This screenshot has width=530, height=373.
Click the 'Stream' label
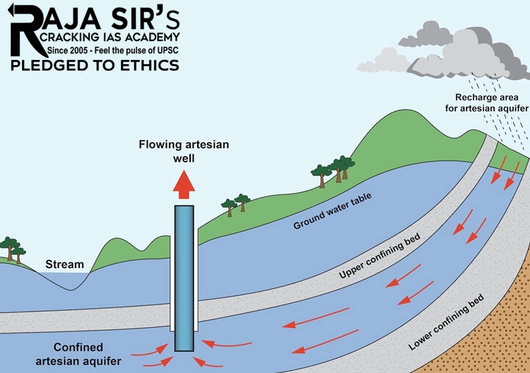(x=60, y=265)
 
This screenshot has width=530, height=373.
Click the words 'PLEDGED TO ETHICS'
(x=94, y=66)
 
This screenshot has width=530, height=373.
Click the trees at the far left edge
(x=11, y=249)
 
